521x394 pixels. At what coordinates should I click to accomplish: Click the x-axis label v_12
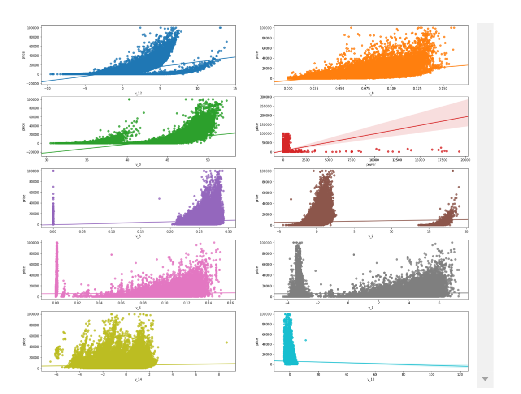click(x=138, y=93)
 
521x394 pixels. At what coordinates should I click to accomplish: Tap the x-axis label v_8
click(x=370, y=93)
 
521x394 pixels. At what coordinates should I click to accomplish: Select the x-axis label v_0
click(x=138, y=165)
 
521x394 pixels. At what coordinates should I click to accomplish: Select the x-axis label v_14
click(x=138, y=380)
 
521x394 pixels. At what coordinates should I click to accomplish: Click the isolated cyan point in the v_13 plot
click(x=306, y=340)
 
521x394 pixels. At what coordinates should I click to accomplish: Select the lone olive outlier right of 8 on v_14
click(x=226, y=343)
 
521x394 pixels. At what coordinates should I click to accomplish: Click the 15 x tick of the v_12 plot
click(x=235, y=88)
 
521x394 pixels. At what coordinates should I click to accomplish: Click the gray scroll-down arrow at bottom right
click(x=485, y=379)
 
